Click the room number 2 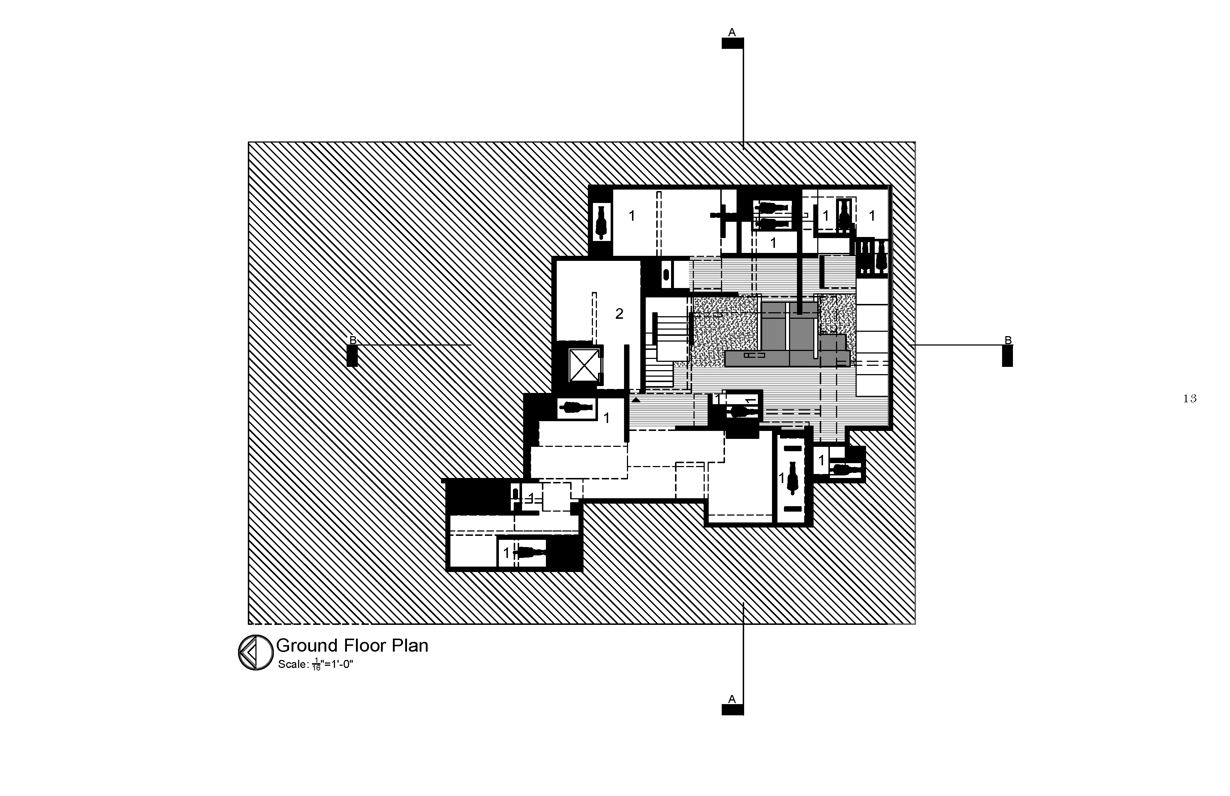tap(619, 314)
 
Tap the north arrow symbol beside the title tap(255, 653)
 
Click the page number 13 tap(1190, 398)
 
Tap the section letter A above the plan tap(732, 33)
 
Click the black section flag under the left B tap(352, 356)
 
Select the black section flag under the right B tap(1007, 356)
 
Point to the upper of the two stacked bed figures tap(772, 208)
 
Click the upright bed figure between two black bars tap(793, 478)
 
